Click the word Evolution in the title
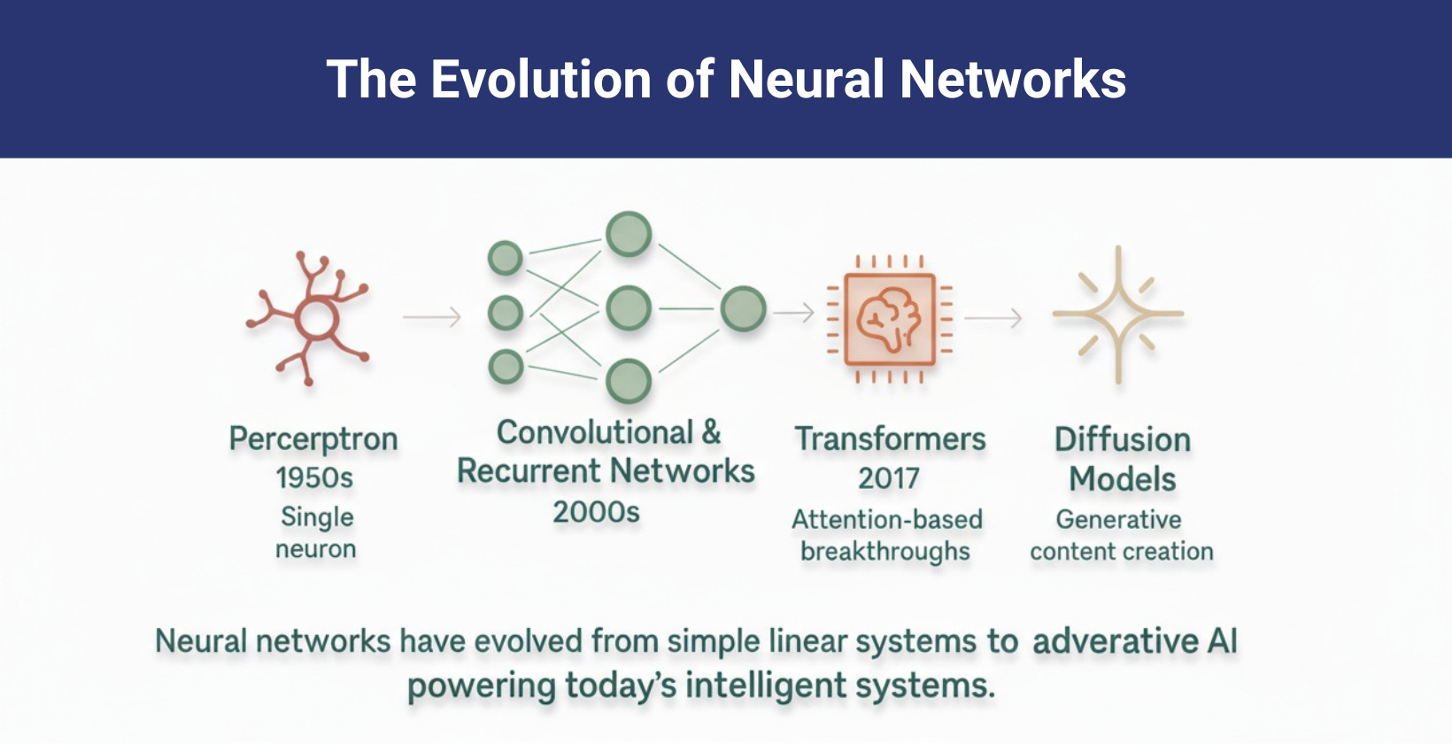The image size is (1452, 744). (x=541, y=80)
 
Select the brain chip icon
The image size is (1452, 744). (x=889, y=319)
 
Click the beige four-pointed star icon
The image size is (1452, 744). (x=1118, y=314)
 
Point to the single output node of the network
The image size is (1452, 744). (x=743, y=309)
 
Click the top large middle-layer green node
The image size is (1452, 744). (x=629, y=235)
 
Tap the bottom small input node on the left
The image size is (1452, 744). (x=506, y=366)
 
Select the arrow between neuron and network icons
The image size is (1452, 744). (x=432, y=316)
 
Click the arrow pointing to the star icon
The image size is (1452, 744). (x=993, y=317)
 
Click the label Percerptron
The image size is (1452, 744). (x=313, y=439)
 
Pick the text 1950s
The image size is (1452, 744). (x=314, y=478)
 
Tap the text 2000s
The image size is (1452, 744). (x=596, y=512)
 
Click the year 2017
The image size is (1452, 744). (x=889, y=479)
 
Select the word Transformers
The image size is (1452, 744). (x=890, y=439)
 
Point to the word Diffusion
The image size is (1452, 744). (x=1122, y=440)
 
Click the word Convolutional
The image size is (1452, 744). (x=594, y=432)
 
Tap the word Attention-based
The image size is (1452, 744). (x=887, y=519)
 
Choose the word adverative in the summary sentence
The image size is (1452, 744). (x=1115, y=641)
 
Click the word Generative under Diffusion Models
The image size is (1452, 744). (x=1118, y=519)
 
